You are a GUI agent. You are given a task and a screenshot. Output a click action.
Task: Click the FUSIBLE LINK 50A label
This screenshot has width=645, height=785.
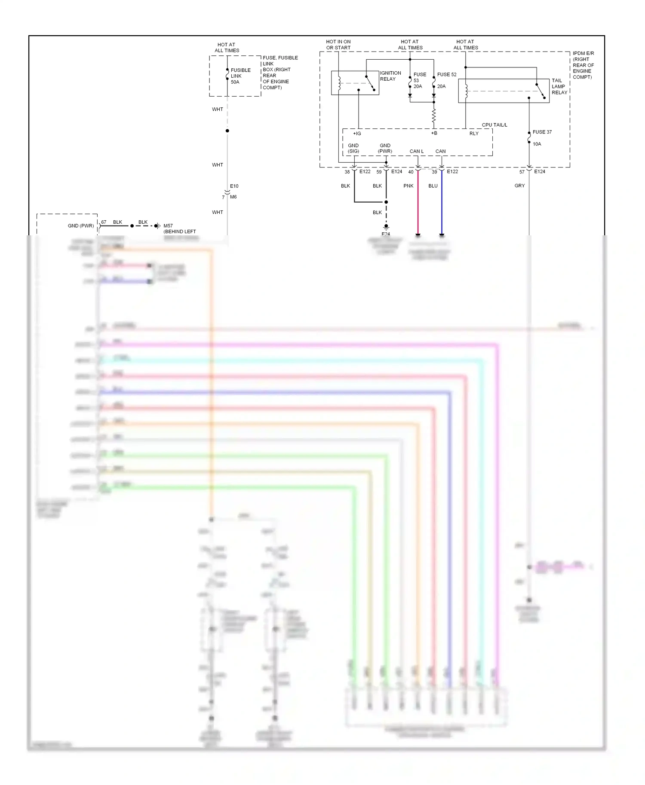[240, 76]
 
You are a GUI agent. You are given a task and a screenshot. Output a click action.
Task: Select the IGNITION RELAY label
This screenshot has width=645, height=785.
[390, 76]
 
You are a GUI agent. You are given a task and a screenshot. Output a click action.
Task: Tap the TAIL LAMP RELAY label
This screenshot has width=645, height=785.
[559, 86]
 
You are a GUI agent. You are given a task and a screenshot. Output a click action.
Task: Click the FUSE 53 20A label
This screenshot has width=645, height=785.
[419, 80]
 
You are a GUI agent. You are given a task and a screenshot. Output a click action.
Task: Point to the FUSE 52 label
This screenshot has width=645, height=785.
[446, 75]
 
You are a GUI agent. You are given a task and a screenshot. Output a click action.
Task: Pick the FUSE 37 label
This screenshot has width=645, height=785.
[542, 132]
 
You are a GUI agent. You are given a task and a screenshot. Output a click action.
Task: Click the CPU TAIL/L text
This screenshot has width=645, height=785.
[494, 125]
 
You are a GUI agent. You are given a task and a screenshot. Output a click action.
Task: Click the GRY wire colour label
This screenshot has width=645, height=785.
[519, 186]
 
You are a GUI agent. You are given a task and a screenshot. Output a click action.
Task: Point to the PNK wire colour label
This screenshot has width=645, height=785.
[408, 186]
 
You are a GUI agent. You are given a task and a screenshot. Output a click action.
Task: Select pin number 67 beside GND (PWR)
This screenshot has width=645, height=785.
[104, 222]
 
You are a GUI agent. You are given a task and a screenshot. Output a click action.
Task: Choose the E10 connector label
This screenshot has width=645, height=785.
[234, 186]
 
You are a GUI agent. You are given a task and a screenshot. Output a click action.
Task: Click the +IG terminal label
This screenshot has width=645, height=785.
[357, 134]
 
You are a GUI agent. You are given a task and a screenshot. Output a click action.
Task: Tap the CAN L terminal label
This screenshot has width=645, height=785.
[416, 151]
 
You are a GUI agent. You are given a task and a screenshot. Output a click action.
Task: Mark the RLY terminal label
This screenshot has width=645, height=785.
[473, 134]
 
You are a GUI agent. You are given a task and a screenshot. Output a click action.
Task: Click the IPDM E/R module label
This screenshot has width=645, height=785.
[583, 65]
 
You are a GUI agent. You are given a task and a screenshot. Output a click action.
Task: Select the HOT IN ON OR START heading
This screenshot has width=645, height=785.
[338, 45]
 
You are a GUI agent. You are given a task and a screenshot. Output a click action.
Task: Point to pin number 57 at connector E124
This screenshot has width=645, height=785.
[522, 172]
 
